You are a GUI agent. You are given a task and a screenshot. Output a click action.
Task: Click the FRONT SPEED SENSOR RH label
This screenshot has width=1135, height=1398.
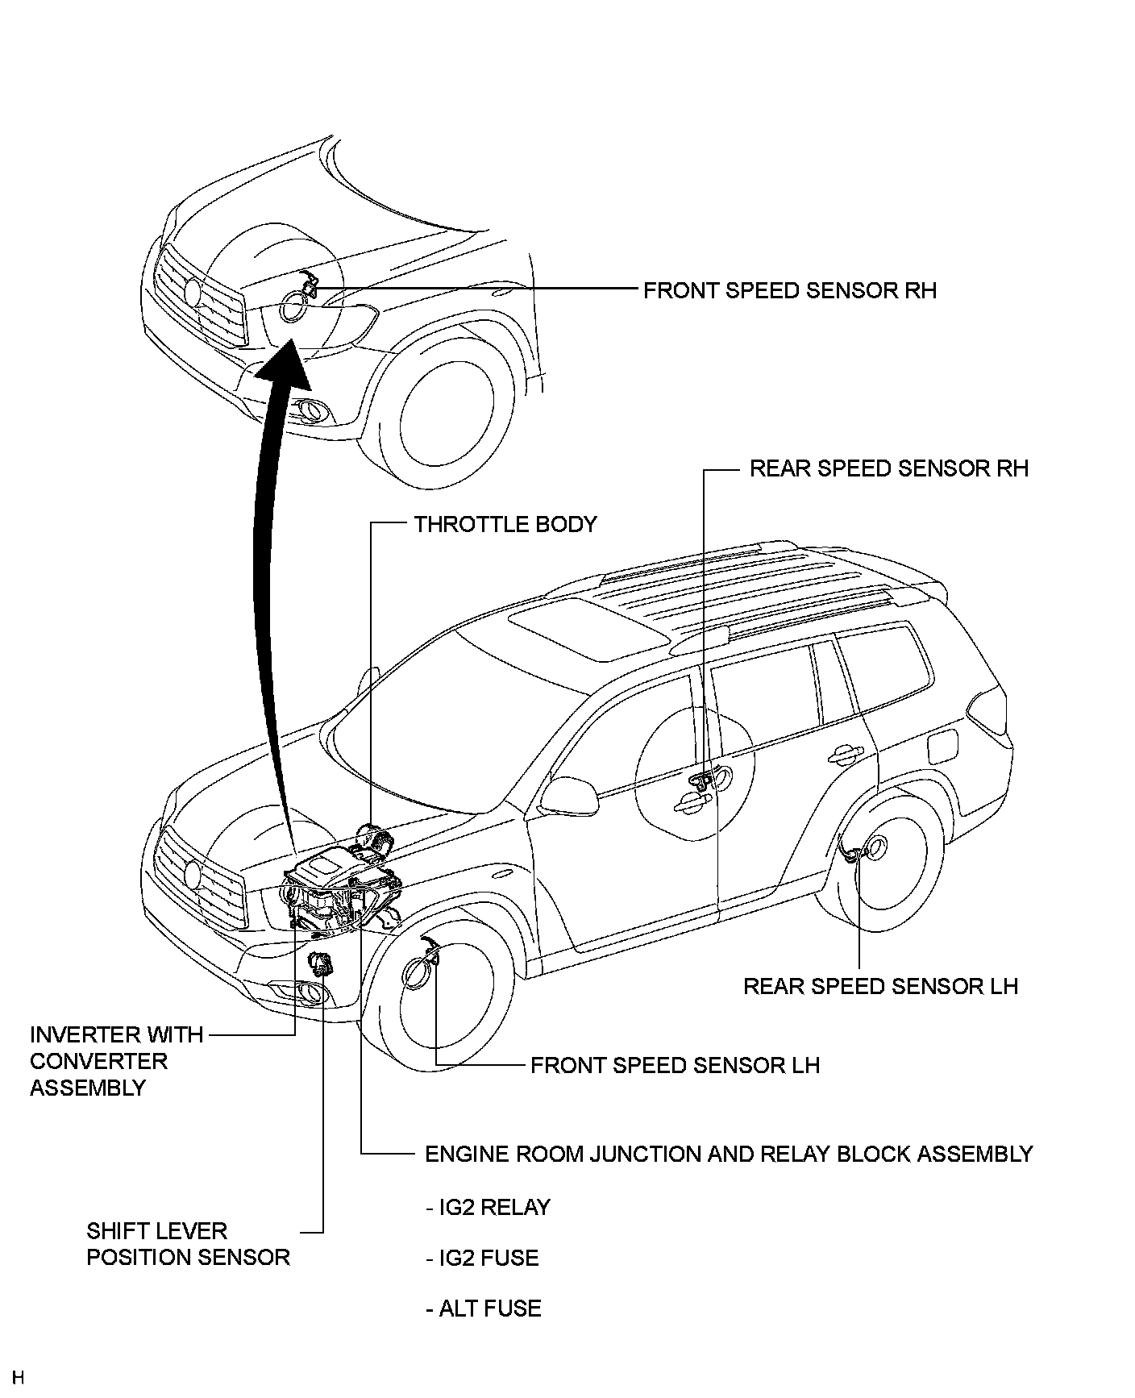(x=790, y=290)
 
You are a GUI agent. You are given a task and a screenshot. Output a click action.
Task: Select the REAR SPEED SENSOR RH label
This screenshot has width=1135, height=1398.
(x=889, y=468)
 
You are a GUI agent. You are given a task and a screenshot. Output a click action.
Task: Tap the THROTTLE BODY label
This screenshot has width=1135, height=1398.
(x=505, y=524)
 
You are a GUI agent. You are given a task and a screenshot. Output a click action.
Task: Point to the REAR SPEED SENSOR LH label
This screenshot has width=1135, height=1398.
(x=880, y=986)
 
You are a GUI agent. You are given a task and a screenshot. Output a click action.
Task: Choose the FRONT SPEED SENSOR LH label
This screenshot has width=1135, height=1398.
(x=675, y=1065)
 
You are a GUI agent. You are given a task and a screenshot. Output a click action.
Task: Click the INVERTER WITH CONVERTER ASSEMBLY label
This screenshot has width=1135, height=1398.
(x=116, y=1061)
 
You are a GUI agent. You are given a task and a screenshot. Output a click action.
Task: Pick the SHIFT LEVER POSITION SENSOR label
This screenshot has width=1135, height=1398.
(x=188, y=1244)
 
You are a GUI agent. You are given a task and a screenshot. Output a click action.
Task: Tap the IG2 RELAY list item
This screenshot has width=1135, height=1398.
(x=488, y=1208)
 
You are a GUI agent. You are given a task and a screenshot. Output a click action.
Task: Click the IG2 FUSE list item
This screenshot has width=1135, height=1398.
(x=482, y=1258)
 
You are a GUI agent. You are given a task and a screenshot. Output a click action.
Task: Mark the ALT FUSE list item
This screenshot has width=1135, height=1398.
(x=483, y=1308)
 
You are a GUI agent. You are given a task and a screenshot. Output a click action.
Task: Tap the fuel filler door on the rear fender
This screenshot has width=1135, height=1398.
(x=942, y=745)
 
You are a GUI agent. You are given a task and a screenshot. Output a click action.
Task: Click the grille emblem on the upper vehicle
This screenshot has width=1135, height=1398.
(x=193, y=291)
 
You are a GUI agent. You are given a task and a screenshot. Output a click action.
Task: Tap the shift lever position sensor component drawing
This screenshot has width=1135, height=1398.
(x=322, y=963)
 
